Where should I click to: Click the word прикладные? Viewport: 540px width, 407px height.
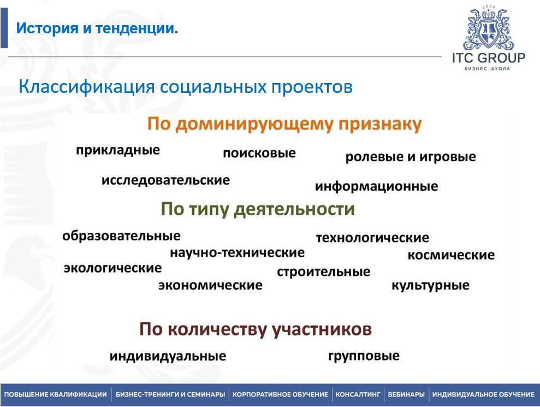[x=118, y=150]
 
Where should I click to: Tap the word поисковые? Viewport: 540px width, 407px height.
[x=259, y=153]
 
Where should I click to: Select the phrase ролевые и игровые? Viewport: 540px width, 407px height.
[x=411, y=157]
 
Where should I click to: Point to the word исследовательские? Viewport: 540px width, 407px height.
[x=165, y=180]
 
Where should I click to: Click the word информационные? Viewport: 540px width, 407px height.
[x=376, y=186]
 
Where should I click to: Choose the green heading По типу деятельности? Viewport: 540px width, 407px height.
[x=258, y=210]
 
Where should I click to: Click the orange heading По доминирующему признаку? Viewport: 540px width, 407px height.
[x=284, y=125]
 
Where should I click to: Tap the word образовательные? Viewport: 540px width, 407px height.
[x=121, y=236]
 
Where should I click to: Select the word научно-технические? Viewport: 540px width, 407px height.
[x=237, y=253]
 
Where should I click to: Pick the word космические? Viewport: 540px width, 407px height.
[x=451, y=255]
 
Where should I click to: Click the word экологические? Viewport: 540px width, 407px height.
[x=112, y=268]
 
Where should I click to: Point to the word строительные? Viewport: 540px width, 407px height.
[x=323, y=272]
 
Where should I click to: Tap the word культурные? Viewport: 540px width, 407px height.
[x=430, y=285]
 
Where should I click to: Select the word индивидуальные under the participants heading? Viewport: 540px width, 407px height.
[x=168, y=356]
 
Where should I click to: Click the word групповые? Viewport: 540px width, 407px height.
[x=364, y=356]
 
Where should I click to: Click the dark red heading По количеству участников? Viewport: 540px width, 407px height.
[x=255, y=329]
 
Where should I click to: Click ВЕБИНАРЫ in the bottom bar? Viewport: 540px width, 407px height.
[x=406, y=394]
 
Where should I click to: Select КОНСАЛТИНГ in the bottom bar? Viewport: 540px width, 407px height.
[x=358, y=394]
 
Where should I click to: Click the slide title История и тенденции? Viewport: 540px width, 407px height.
[x=97, y=28]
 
